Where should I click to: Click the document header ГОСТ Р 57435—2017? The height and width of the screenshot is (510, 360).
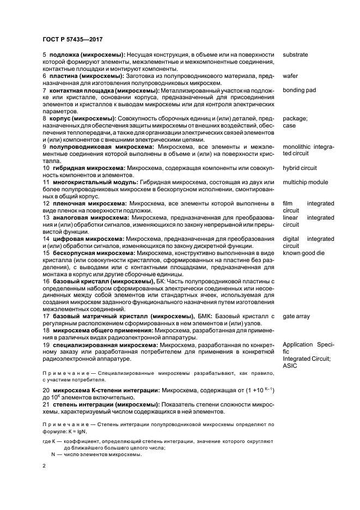pyautogui.click(x=73, y=39)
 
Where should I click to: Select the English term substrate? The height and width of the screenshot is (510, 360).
pyautogui.click(x=295, y=54)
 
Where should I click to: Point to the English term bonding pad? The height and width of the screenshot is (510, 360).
pyautogui.click(x=299, y=90)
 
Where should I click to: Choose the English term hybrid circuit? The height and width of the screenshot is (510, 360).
pyautogui.click(x=300, y=168)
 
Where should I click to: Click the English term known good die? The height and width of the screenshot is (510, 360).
pyautogui.click(x=304, y=253)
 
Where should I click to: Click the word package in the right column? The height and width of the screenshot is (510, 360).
pyautogui.click(x=296, y=118)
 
